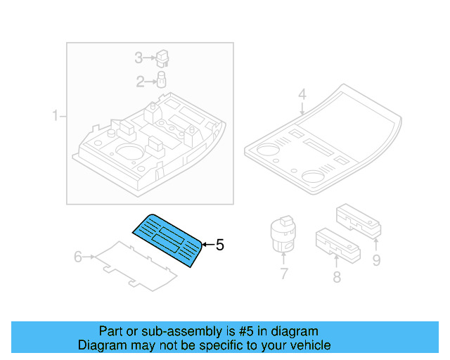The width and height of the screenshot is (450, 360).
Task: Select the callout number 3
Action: coord(139,58)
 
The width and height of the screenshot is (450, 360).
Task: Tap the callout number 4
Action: coord(302,94)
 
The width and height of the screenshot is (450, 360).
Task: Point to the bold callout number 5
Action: coord(219,245)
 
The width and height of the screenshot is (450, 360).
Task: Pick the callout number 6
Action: coord(79,257)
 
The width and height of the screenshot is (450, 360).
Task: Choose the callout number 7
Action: coord(283,274)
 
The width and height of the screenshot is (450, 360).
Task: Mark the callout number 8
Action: coord(337,277)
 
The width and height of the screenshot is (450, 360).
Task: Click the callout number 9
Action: coord(376,261)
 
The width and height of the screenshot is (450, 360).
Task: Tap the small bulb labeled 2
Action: coord(160,79)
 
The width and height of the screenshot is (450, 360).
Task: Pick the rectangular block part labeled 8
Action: coord(338,242)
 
